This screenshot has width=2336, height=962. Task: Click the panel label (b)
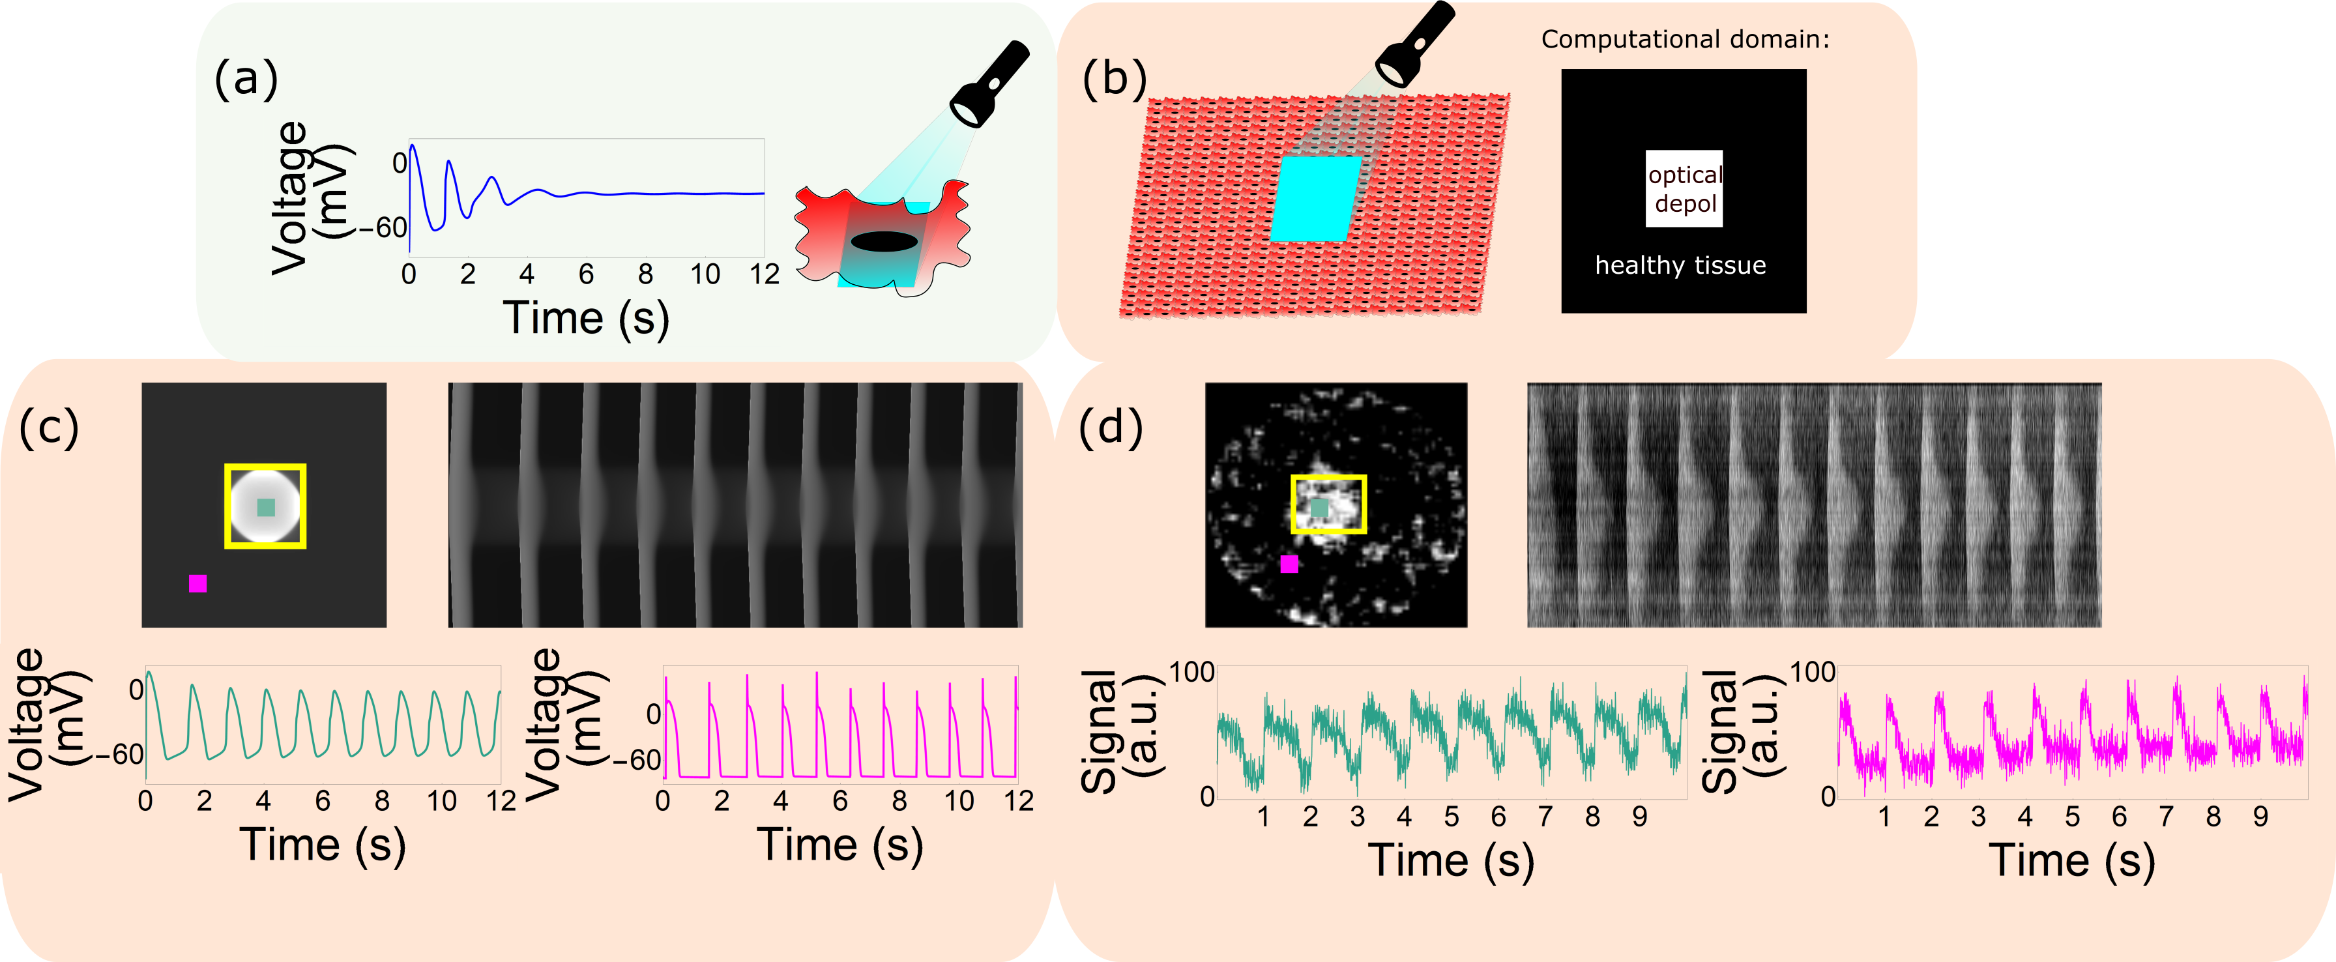1114,79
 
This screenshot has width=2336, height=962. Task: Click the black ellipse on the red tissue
884,241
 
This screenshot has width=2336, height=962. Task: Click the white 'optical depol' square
1684,188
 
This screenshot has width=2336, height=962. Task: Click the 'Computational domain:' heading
1685,40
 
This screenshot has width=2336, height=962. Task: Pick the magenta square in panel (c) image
197,583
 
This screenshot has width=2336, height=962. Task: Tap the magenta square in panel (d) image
1289,564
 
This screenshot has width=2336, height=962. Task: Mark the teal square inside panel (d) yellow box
1319,508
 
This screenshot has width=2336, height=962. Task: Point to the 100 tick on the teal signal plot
1191,672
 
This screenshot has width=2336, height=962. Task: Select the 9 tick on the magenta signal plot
2260,817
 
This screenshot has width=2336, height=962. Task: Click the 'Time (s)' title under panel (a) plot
586,318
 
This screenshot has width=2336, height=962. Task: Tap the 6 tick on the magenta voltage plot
839,800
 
